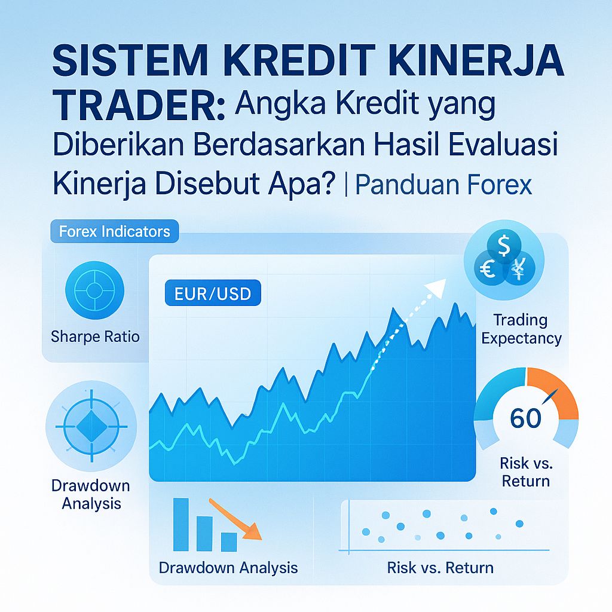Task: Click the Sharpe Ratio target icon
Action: point(94,291)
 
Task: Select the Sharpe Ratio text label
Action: point(95,336)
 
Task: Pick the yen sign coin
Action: point(518,272)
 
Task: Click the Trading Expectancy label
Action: point(521,329)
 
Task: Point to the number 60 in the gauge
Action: point(526,418)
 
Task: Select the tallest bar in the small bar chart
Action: point(180,524)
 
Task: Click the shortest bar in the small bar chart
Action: point(229,541)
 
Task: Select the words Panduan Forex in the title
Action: point(443,185)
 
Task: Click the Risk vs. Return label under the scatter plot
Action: point(440,567)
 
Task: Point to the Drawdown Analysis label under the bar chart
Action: point(228,567)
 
